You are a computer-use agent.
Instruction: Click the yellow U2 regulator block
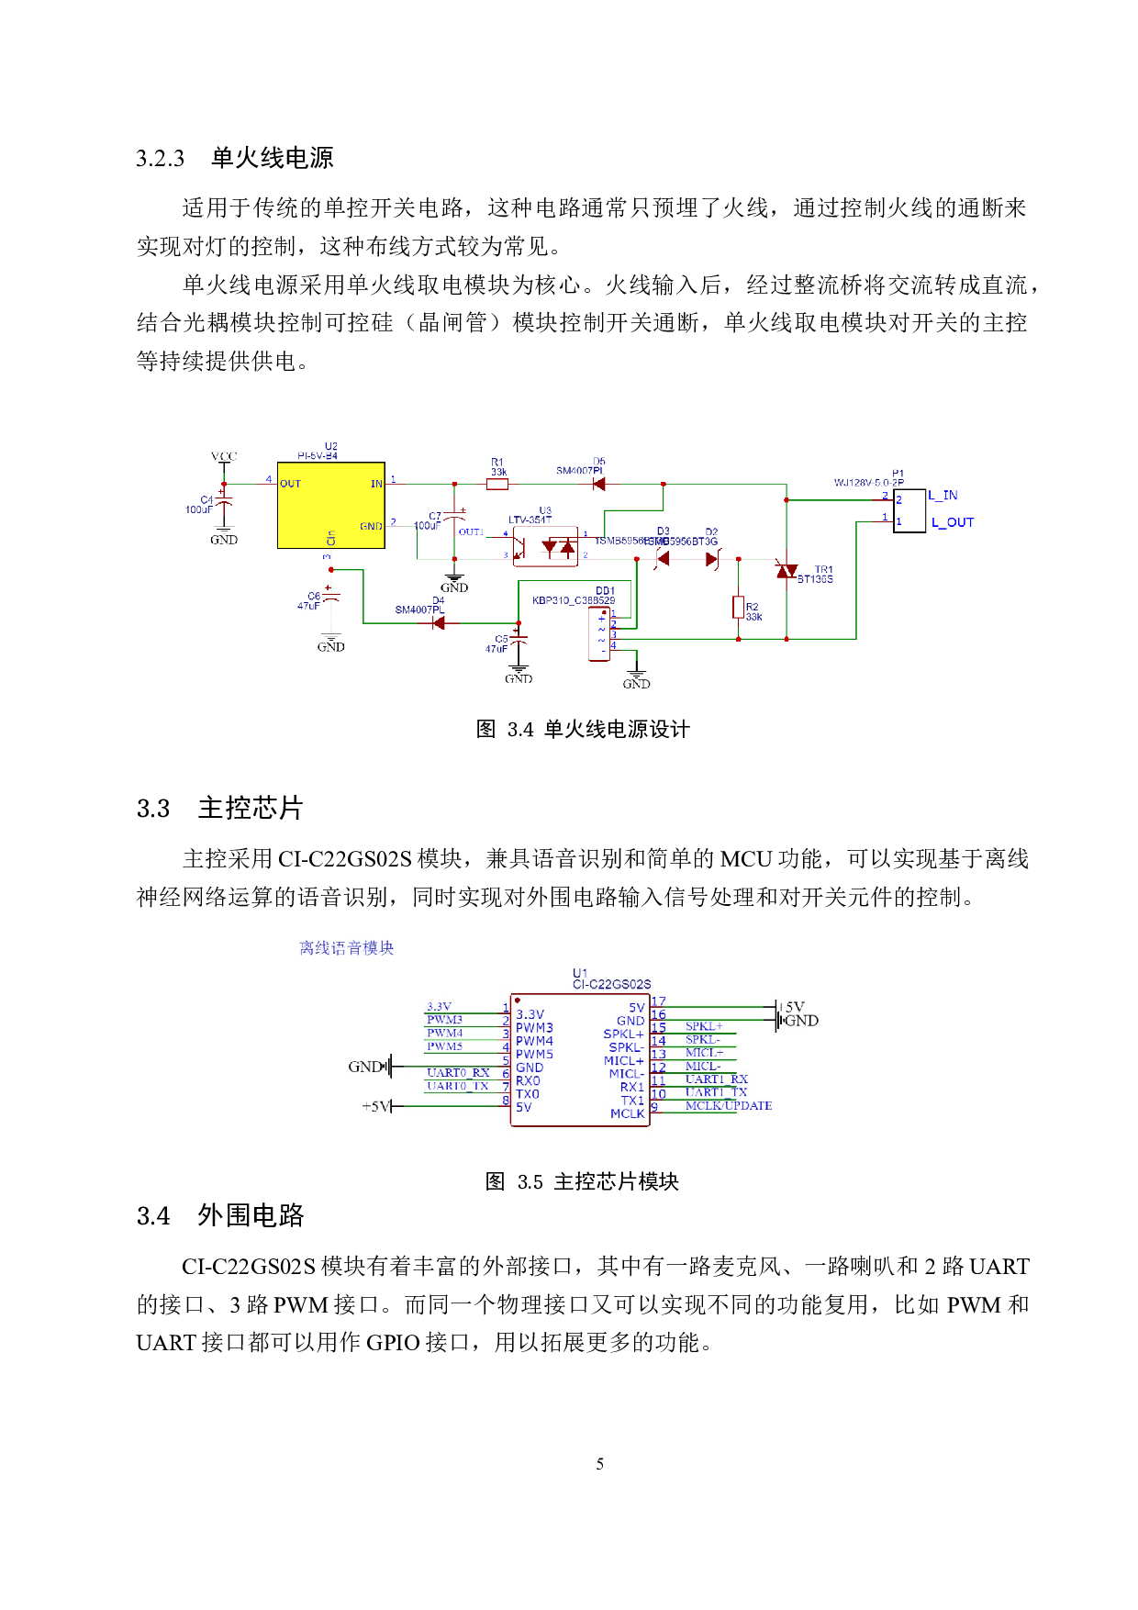pos(330,505)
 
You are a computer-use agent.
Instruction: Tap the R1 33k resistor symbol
pos(497,484)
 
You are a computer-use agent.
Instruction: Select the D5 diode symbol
pos(598,484)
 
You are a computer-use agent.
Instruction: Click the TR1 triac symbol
pos(787,570)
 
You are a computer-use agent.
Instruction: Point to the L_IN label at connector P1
pos(943,496)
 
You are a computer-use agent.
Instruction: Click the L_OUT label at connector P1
pos(953,522)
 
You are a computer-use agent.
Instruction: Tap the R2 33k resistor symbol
pos(738,607)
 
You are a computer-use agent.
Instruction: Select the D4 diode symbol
pos(439,623)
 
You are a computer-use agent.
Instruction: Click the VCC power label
pos(224,456)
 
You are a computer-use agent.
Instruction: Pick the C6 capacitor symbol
pos(331,598)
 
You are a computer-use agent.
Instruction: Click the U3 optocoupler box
pos(545,547)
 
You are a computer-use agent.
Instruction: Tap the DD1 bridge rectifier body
pos(599,633)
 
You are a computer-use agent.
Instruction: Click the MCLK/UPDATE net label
pos(729,1106)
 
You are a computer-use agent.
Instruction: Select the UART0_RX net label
pos(458,1073)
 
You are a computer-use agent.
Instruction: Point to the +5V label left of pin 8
pos(376,1107)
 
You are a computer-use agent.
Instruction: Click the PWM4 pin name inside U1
pos(534,1041)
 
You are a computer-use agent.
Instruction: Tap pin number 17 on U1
pos(658,1001)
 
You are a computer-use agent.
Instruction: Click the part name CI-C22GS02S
pos(611,984)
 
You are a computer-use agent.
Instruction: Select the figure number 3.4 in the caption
pos(520,730)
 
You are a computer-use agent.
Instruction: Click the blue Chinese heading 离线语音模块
pos(346,948)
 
